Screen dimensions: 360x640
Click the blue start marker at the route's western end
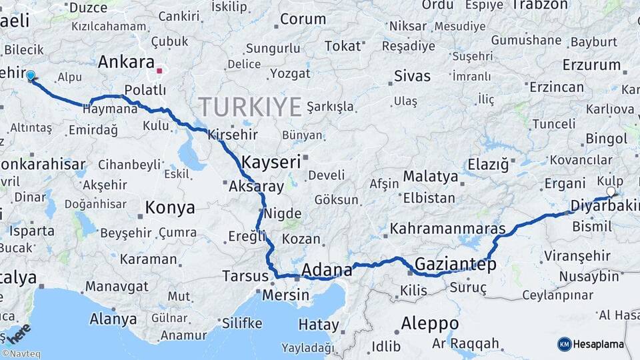coord(30,75)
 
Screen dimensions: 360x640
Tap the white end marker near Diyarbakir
coord(611,192)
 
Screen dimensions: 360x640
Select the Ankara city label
coord(126,63)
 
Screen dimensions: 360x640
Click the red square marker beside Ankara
coord(159,69)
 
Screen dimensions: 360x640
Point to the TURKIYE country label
coord(250,106)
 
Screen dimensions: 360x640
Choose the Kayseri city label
coord(271,162)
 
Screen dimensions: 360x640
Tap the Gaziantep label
coord(455,265)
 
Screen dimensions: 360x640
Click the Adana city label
coord(327,270)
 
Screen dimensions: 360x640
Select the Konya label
coord(170,207)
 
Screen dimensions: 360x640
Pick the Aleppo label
coord(429,323)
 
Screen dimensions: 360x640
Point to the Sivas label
coord(412,75)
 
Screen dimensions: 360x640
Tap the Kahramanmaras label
coord(447,228)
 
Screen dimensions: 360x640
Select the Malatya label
coord(431,177)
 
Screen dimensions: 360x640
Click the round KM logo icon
coord(565,344)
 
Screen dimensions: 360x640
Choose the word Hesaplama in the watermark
coord(599,345)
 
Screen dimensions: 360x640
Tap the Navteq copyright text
coord(21,354)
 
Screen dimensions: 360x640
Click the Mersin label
coord(286,295)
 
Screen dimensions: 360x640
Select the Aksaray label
coord(256,187)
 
